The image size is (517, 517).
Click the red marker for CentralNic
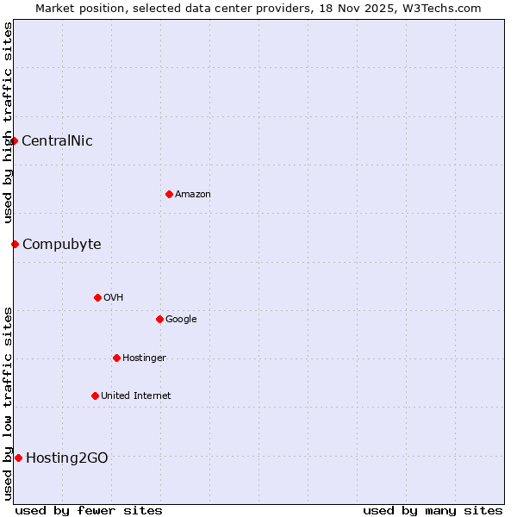tap(15, 140)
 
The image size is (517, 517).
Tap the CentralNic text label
tap(57, 141)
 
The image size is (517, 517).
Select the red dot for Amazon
tap(169, 194)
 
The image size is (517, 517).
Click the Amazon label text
tap(192, 195)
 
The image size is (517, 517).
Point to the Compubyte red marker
tap(15, 244)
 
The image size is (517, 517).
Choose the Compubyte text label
tap(61, 245)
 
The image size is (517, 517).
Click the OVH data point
tap(97, 297)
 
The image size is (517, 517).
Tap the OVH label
tap(113, 298)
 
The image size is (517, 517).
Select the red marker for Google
tap(159, 319)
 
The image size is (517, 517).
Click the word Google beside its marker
tap(181, 320)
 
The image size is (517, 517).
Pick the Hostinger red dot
tap(116, 358)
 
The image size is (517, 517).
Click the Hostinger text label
tap(144, 358)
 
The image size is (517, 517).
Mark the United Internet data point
tap(95, 396)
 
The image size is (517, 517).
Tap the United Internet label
tap(135, 396)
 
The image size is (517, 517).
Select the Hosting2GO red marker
tap(18, 458)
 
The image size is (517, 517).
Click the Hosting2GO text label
tap(67, 458)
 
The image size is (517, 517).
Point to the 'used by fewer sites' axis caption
tap(89, 510)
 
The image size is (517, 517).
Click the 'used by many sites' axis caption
tap(433, 510)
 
